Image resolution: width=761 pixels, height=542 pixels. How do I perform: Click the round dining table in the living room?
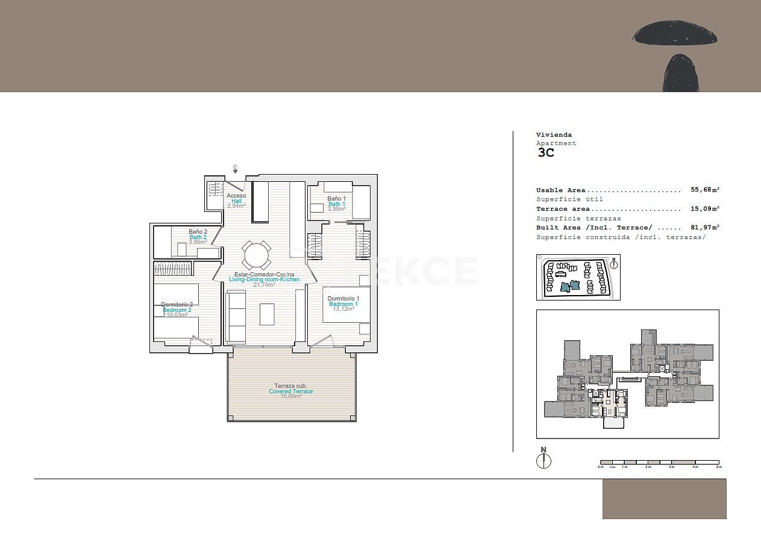pos(257,255)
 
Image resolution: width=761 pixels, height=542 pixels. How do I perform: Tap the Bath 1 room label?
pos(337,204)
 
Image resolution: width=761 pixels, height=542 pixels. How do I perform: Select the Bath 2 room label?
pos(198,237)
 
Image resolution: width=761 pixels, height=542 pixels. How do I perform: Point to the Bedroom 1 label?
pos(343,304)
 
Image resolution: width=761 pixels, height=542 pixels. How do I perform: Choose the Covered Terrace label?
pos(290,391)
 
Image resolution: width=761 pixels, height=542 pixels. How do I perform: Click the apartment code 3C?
pos(545,152)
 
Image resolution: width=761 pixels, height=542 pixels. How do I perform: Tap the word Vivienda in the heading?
pos(554,135)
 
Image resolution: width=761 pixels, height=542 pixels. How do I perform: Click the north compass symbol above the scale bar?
pos(543,459)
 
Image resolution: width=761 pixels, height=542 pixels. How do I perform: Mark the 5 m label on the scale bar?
pos(718,467)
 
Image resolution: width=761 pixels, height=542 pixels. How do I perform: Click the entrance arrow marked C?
pos(235,170)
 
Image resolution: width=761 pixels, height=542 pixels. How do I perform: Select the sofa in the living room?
pos(236,317)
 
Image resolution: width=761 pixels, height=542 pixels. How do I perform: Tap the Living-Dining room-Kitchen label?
pos(264,279)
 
